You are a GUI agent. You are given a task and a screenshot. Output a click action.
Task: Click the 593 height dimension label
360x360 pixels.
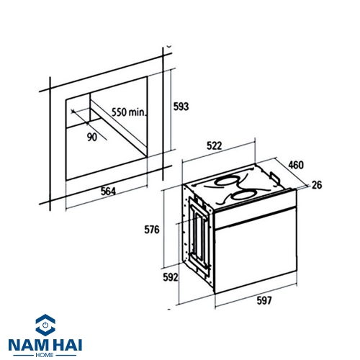pos(181,107)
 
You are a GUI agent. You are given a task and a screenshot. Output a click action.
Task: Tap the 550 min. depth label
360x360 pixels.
pos(129,112)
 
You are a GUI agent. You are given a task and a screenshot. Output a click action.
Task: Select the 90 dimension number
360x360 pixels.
pos(92,137)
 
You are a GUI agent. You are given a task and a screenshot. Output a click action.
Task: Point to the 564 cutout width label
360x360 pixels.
pos(108,192)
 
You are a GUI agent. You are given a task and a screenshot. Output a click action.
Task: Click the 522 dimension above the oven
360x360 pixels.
pos(214,145)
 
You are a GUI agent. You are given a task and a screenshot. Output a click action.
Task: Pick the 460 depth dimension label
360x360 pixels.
pos(296,165)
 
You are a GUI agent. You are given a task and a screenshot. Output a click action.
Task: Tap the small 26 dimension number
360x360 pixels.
pos(317,185)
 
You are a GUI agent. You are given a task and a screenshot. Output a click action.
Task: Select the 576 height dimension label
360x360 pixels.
pos(152,230)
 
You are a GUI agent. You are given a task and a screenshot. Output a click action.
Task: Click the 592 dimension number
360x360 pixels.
pos(171,277)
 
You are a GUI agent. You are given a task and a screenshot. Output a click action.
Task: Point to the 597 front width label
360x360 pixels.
pos(264,300)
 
